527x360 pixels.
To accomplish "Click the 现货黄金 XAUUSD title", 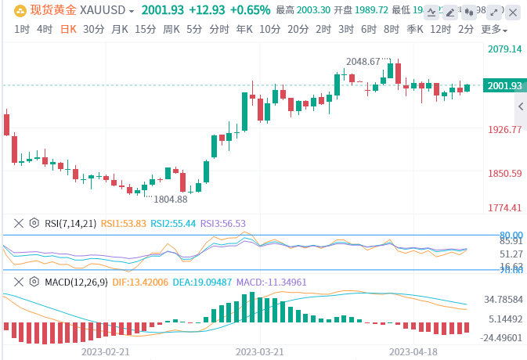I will (x=70, y=10).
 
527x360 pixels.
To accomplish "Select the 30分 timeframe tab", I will (x=93, y=29).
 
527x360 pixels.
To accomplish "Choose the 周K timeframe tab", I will (x=171, y=29).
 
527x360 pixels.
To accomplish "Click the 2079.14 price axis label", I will (x=505, y=49).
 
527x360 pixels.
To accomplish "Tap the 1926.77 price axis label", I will (x=505, y=130).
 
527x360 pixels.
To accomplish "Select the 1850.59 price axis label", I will (x=505, y=173).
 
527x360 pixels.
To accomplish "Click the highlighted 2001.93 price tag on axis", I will (x=505, y=85).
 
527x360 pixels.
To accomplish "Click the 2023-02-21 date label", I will (x=105, y=352).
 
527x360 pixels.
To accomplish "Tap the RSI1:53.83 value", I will (x=124, y=223).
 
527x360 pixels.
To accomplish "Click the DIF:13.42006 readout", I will (x=137, y=281).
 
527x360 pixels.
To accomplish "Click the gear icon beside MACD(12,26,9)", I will (x=34, y=281).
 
